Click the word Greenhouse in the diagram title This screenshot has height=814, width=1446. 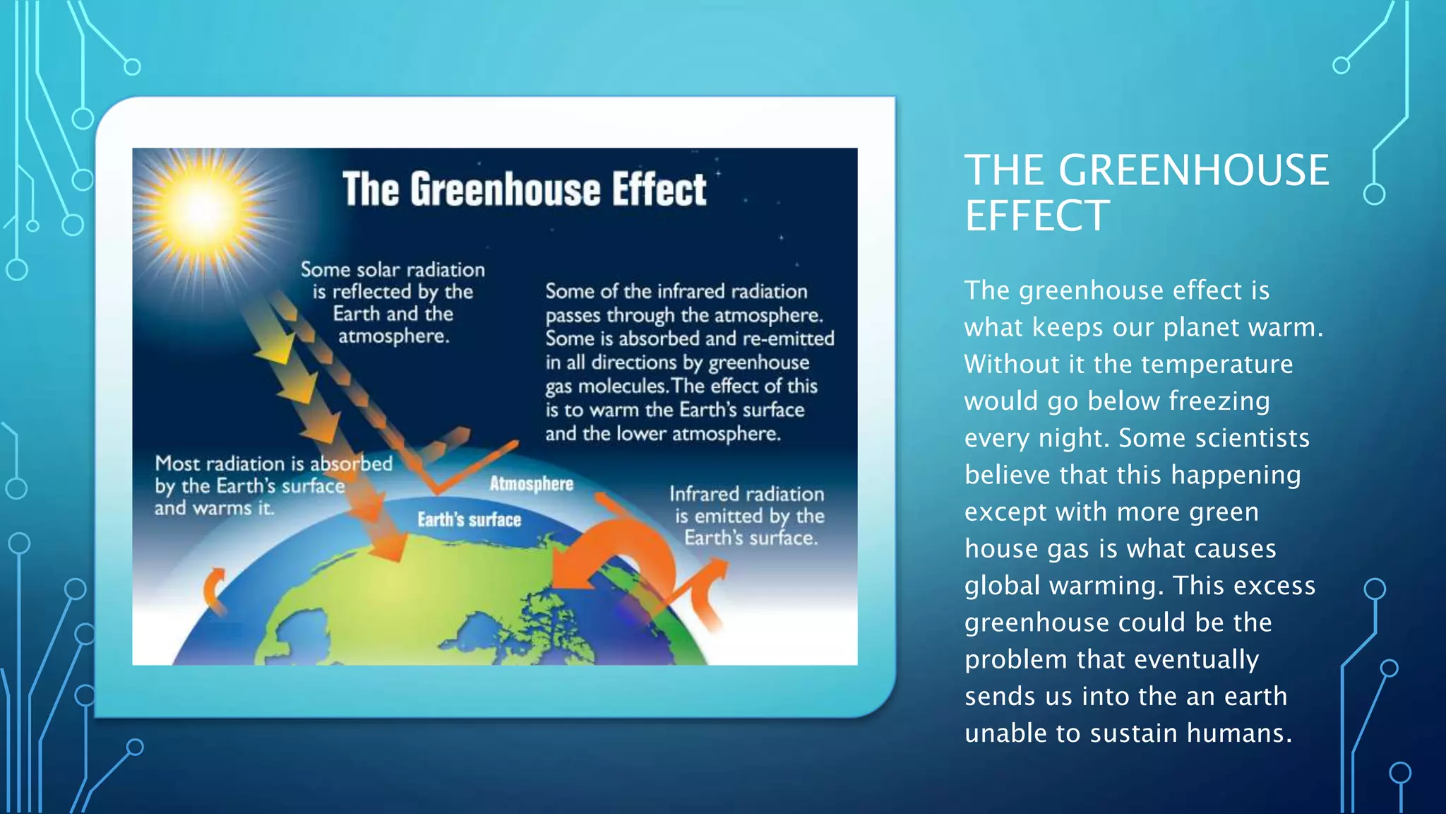(x=506, y=189)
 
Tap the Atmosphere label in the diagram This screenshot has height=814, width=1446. (x=531, y=484)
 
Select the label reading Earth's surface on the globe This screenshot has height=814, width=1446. (x=469, y=520)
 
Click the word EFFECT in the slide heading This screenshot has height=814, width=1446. (x=1037, y=216)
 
